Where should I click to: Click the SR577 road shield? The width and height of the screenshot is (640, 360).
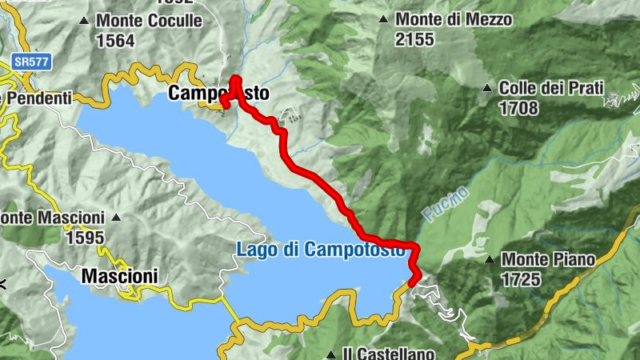28,60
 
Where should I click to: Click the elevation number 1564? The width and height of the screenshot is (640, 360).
115,42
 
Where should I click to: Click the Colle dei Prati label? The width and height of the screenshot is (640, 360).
550,88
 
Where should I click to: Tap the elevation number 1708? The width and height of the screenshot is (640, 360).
518,108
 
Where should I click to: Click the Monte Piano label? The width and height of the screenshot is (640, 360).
548,259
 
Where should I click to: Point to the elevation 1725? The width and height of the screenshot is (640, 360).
521,279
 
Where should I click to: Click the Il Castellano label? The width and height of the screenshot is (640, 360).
389,353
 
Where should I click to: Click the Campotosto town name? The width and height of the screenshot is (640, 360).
218,94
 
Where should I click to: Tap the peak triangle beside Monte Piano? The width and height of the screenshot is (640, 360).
490,259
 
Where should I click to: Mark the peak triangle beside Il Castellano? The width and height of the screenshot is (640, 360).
331,353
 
